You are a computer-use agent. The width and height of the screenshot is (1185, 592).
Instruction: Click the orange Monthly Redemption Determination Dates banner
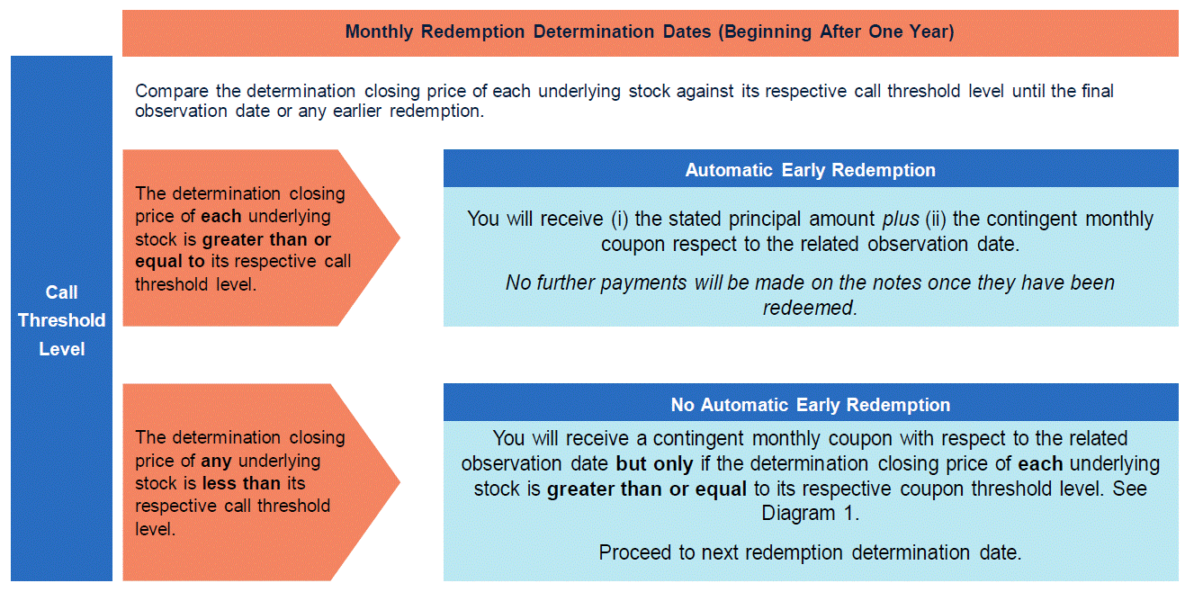pos(651,32)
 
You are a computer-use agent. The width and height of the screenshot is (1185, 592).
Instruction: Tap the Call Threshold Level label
pos(61,320)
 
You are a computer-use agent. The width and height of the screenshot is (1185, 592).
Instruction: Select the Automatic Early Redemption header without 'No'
pos(811,170)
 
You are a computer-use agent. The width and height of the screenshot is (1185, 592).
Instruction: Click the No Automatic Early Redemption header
pos(811,405)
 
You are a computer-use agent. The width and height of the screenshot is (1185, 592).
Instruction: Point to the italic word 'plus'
pos(901,220)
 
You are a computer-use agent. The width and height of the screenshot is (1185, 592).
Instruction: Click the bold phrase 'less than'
pos(241,483)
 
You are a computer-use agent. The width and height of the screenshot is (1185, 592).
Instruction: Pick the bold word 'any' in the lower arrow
pos(216,462)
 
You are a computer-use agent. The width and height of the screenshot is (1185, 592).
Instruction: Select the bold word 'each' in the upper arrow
pos(220,217)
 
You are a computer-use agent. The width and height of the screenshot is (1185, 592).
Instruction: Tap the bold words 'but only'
pos(654,464)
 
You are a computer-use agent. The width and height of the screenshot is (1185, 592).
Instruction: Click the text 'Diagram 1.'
pos(811,513)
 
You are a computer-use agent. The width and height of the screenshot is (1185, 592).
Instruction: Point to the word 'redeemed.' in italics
pos(810,308)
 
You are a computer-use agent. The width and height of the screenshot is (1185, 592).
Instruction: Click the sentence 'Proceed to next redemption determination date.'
pos(810,552)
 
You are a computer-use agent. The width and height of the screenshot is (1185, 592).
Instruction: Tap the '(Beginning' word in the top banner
pos(765,31)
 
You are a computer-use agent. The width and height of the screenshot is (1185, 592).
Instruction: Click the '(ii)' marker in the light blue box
pos(936,219)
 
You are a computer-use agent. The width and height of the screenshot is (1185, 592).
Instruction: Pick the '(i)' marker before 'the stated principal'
pos(619,219)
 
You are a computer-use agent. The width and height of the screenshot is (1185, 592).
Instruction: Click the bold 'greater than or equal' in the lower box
pos(646,489)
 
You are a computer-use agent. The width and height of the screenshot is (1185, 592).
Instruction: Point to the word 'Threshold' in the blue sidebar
pos(61,320)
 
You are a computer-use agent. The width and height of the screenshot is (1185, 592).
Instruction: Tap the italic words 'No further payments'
pos(596,283)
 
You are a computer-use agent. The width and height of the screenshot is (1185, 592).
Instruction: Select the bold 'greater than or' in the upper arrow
pos(266,239)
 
